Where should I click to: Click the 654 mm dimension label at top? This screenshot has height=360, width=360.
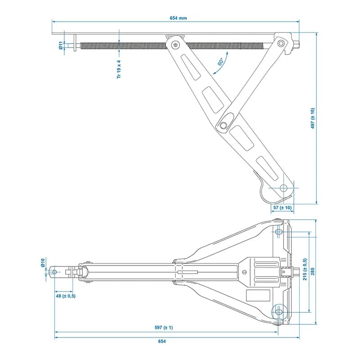(x=178, y=18)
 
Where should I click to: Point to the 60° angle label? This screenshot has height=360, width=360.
(x=221, y=62)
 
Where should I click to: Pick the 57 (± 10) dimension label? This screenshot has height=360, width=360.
(x=283, y=207)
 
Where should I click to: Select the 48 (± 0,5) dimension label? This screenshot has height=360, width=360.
(x=66, y=296)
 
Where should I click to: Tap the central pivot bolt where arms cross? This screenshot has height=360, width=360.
(x=223, y=125)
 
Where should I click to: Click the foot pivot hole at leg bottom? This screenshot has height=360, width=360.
(x=283, y=188)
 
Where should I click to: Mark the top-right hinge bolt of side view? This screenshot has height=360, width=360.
(x=281, y=43)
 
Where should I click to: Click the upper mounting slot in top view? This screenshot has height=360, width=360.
(x=279, y=232)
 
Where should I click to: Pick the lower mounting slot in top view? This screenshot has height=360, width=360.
(x=279, y=311)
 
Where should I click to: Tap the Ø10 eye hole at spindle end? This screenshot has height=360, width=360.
(x=55, y=272)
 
